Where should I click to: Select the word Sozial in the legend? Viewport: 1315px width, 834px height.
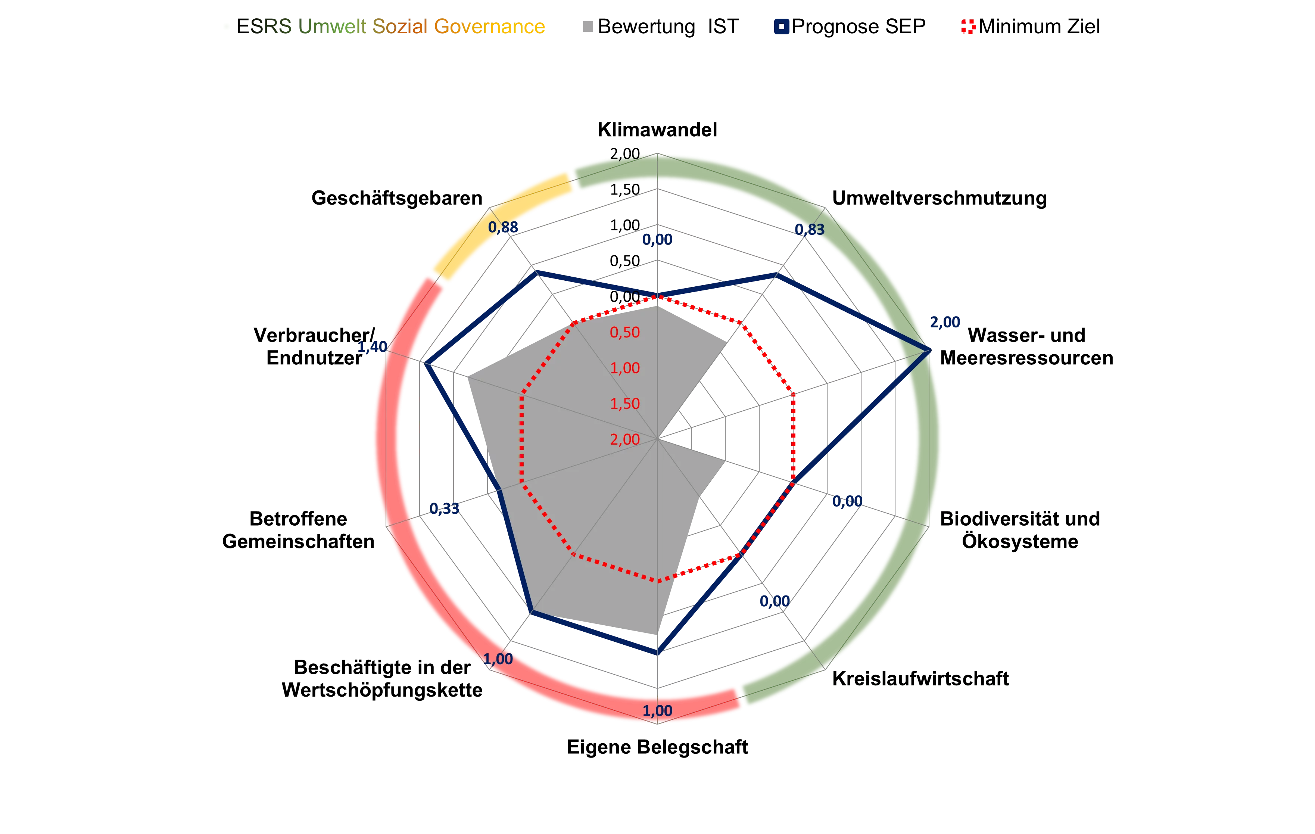[x=399, y=27]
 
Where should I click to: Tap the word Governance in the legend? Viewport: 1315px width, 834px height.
[x=489, y=27]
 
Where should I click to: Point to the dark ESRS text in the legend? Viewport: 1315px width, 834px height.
[x=268, y=27]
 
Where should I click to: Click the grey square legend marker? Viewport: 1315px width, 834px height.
[x=588, y=27]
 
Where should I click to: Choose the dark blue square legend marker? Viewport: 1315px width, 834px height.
[x=782, y=27]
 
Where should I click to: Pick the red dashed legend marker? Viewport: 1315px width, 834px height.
[x=968, y=27]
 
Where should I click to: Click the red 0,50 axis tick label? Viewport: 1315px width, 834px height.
[x=625, y=333]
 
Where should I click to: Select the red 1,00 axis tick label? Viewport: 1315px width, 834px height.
[x=625, y=368]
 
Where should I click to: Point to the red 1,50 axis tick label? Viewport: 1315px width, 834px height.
[x=625, y=404]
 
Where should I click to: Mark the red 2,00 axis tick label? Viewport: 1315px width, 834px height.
[x=625, y=439]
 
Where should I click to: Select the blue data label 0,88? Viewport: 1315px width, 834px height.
[x=503, y=227]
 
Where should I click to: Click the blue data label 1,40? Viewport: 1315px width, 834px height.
[x=373, y=347]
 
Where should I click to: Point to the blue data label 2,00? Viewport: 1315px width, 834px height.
[x=945, y=322]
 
